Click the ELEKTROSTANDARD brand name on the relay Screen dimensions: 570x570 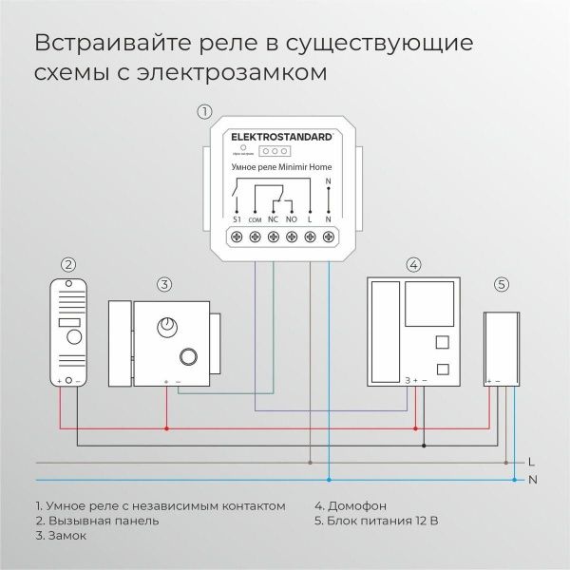(282, 137)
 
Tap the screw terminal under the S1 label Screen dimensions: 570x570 (237, 235)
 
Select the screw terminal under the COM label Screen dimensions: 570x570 (256, 235)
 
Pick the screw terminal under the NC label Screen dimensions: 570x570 (274, 235)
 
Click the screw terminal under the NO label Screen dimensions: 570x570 (292, 235)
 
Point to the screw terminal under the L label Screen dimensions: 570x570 (310, 235)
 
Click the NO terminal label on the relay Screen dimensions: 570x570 (292, 218)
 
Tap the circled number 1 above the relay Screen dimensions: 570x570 (203, 111)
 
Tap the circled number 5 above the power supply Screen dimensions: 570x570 (502, 283)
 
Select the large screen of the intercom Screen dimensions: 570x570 (429, 305)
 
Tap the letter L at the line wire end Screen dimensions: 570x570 (531, 461)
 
